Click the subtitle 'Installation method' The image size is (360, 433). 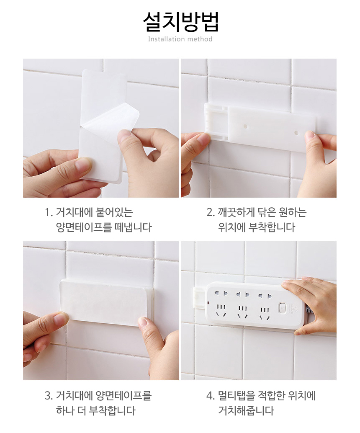pyautogui.click(x=180, y=39)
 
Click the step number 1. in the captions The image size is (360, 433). pyautogui.click(x=49, y=212)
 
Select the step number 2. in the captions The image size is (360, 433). pyautogui.click(x=211, y=212)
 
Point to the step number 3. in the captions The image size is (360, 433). pyautogui.click(x=49, y=396)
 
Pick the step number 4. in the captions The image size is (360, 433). pyautogui.click(x=211, y=396)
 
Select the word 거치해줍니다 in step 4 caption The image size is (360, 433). pyautogui.click(x=246, y=411)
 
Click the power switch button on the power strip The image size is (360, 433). pyautogui.click(x=282, y=307)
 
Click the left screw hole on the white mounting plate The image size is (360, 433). pyautogui.click(x=245, y=127)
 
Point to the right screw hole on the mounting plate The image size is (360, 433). pyautogui.click(x=296, y=133)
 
